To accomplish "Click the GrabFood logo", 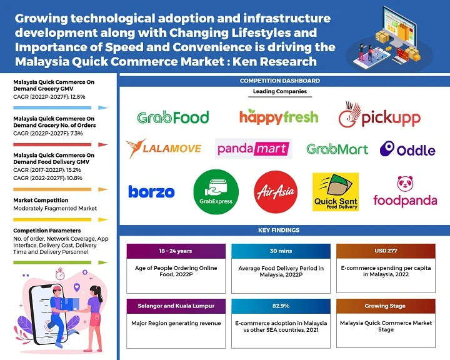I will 173,117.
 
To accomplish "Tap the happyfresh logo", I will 279,116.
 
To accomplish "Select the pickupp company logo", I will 379,117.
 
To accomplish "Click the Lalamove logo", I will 164,148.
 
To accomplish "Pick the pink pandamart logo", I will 253,149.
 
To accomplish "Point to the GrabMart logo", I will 337,149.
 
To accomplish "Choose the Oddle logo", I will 408,149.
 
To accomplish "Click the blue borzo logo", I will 151,191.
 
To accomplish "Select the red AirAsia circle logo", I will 276,191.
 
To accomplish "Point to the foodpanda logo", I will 405,192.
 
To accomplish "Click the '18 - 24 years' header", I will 176,251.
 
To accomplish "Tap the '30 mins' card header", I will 281,251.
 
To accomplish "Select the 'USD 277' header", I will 385,251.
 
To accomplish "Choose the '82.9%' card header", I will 281,307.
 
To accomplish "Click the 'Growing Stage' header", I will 385,307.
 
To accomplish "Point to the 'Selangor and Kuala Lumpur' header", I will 176,307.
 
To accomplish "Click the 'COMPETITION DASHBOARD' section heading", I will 280,81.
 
